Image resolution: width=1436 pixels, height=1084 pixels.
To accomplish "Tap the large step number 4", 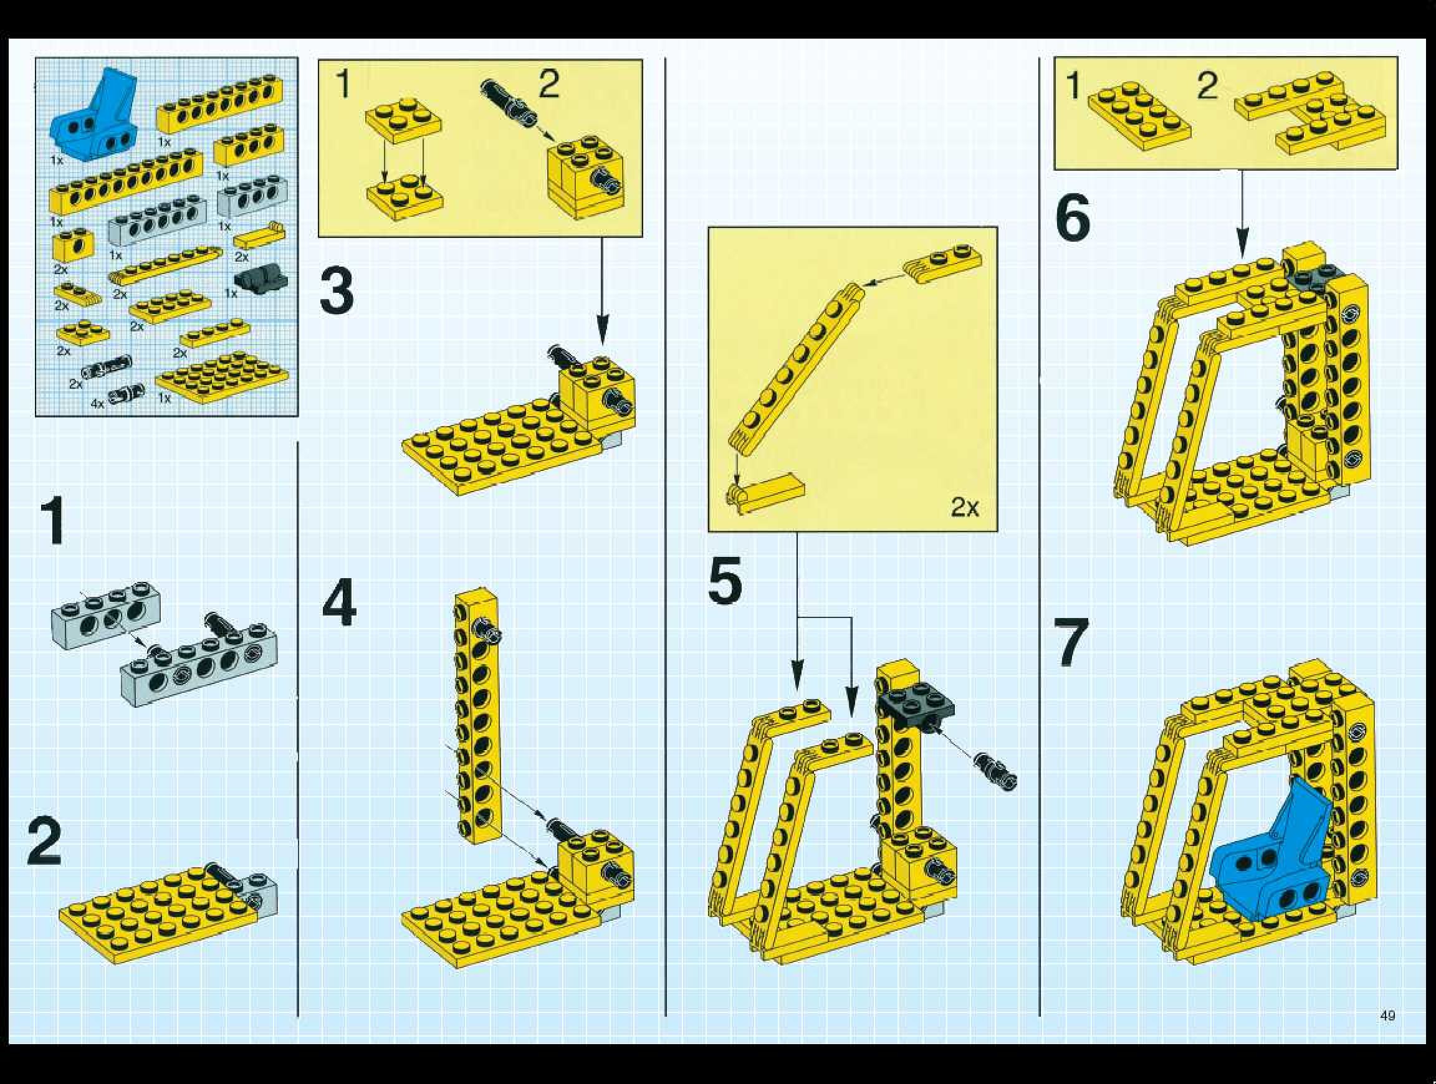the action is tap(339, 602).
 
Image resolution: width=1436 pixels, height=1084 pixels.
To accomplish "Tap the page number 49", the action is tap(1387, 1015).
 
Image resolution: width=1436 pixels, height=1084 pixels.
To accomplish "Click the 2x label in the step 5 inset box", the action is tap(965, 507).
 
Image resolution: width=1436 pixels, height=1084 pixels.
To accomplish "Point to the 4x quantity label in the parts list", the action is tap(97, 404).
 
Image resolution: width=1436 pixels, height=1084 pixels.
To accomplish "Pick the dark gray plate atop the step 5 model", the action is tap(917, 704).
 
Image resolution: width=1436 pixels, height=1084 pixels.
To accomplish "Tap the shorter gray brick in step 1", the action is tap(106, 616).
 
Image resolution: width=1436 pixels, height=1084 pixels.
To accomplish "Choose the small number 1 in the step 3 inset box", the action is tap(343, 84).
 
